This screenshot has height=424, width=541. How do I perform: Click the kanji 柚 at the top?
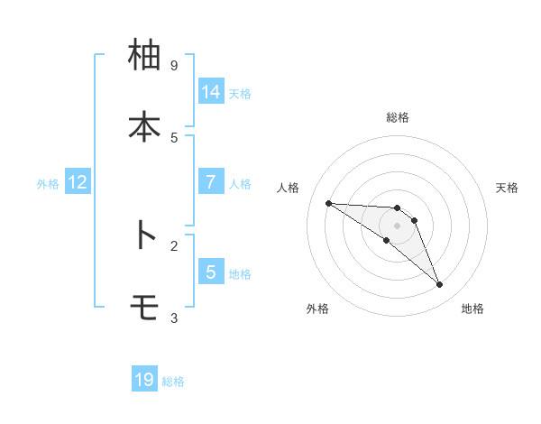[x=143, y=56]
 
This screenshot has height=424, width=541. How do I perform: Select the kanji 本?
[x=143, y=127]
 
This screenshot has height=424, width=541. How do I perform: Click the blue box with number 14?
[x=210, y=92]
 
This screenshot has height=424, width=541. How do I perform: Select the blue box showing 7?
[x=210, y=181]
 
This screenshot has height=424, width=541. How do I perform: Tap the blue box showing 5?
[x=210, y=272]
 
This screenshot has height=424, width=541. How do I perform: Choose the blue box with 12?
[x=78, y=182]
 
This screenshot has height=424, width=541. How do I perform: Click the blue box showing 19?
[x=144, y=380]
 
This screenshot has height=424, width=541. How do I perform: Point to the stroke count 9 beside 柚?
[x=174, y=66]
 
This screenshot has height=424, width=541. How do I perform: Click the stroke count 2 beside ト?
[x=174, y=245]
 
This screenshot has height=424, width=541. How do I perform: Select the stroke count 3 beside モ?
[x=174, y=318]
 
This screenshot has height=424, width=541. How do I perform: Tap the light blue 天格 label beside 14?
[x=240, y=93]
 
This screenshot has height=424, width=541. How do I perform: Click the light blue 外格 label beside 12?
[x=48, y=183]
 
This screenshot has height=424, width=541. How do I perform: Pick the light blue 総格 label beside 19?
[x=173, y=381]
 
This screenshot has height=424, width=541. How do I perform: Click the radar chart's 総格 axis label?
[x=398, y=117]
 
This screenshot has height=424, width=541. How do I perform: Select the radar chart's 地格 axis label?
[x=472, y=309]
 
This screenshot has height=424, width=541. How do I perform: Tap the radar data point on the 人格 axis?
[x=328, y=203]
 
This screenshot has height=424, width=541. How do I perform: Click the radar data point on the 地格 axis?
[x=439, y=285]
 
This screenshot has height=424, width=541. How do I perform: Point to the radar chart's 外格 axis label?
[x=317, y=309]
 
